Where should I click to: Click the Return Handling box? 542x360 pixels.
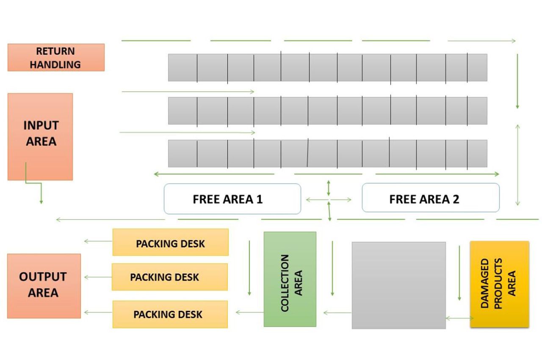[56, 58]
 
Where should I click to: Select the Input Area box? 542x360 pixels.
[40, 136]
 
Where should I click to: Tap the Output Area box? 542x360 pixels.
[44, 285]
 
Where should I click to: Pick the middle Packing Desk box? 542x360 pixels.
[170, 277]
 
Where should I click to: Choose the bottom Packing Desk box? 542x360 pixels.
[170, 314]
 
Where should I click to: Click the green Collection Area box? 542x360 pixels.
[290, 279]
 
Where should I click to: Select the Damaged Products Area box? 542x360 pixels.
[499, 284]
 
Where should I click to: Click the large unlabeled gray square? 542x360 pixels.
[398, 285]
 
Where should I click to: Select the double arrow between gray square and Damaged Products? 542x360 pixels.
[459, 318]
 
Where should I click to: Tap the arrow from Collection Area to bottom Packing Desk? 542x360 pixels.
[249, 313]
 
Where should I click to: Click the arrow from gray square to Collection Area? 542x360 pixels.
[337, 313]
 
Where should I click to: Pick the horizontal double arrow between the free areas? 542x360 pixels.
[329, 199]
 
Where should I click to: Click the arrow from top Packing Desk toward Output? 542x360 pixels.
[98, 241]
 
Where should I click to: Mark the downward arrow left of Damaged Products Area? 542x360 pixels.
[459, 273]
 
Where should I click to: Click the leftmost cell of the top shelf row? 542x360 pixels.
[183, 67]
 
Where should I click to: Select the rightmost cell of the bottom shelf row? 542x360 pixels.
[477, 153]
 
